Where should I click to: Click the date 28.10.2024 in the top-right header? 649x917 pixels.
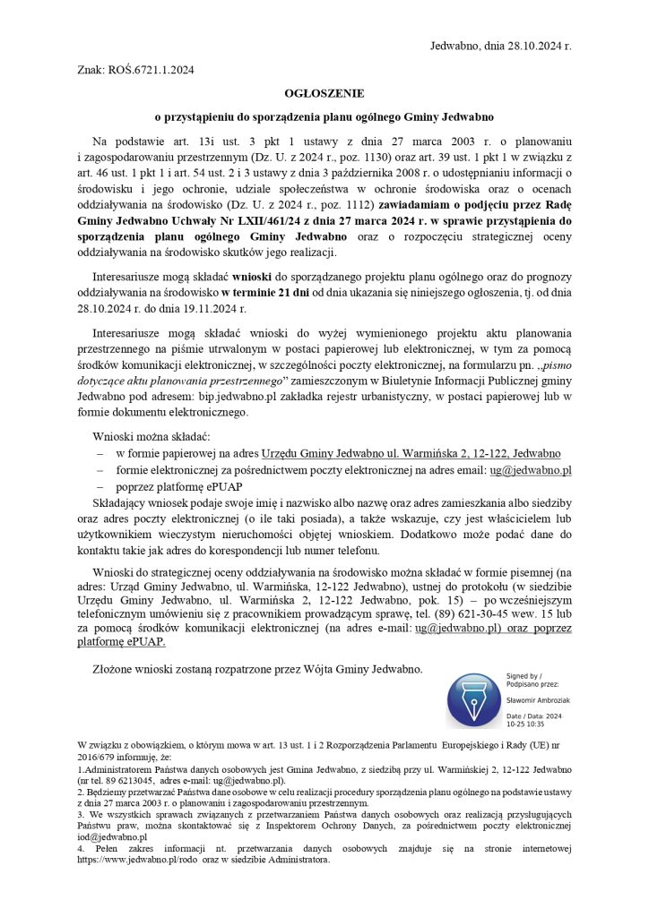[x=536, y=45]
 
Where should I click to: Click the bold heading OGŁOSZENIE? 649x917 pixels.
[x=324, y=93]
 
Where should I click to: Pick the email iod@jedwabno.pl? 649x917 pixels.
[x=111, y=835]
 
